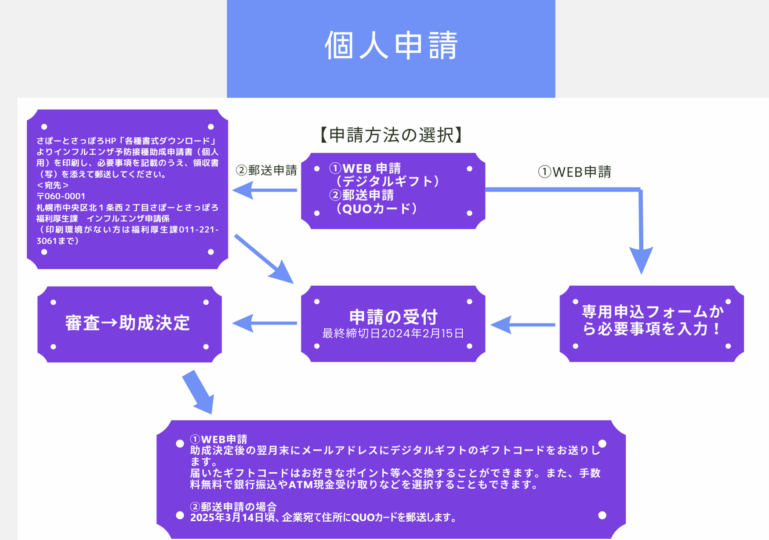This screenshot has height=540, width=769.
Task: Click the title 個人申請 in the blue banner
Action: (x=391, y=45)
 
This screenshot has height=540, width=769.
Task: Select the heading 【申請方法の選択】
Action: (x=391, y=135)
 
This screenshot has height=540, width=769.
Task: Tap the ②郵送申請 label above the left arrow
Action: (x=266, y=170)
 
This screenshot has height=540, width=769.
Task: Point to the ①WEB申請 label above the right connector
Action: (x=575, y=172)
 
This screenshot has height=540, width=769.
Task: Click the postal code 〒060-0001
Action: (x=61, y=196)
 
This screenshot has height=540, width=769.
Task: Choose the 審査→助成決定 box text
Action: (x=127, y=323)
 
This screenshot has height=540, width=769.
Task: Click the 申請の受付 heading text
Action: (x=393, y=317)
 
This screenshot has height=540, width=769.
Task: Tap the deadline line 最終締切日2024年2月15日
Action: (x=393, y=334)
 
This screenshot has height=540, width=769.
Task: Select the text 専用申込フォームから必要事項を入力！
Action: (x=652, y=320)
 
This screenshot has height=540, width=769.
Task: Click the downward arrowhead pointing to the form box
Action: (x=641, y=260)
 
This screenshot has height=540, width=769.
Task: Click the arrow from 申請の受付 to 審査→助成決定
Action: (x=264, y=323)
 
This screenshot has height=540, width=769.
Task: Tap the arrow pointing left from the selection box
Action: (x=264, y=190)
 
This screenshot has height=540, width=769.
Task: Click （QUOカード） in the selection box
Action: (x=376, y=209)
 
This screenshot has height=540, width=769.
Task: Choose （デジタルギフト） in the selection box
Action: (x=387, y=181)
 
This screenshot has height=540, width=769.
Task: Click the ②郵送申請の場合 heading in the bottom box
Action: (x=233, y=507)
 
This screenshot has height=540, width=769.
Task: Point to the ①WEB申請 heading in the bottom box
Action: (x=219, y=439)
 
